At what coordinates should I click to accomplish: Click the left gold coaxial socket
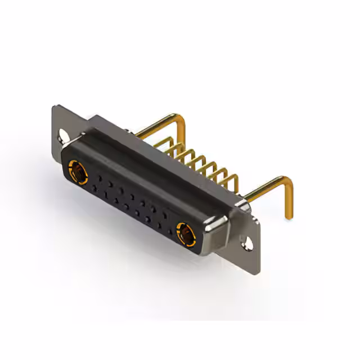pyautogui.click(x=77, y=172)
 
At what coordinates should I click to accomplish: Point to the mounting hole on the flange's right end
pyautogui.click(x=246, y=242)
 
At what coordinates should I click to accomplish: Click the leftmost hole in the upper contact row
pyautogui.click(x=100, y=177)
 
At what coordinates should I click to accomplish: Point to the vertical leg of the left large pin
pyautogui.click(x=183, y=135)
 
